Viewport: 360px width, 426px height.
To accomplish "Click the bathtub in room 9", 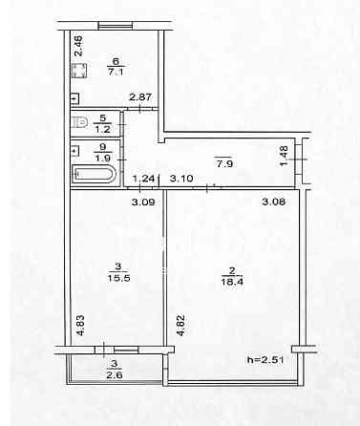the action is (95, 174).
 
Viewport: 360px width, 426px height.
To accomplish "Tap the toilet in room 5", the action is (79, 122).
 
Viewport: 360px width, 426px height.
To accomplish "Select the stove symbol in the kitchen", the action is (78, 71).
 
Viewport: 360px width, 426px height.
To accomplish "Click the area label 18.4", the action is (232, 282).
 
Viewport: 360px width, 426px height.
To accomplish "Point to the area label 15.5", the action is (118, 278).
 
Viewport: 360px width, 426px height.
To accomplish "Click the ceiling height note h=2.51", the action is (265, 360).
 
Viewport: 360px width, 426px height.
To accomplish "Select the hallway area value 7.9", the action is (223, 164).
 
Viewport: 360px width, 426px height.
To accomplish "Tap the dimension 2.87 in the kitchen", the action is (140, 96).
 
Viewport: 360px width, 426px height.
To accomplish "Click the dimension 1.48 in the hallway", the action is (284, 156).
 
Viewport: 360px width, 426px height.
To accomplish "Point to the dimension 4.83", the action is (80, 325).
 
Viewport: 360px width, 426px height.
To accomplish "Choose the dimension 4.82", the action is (180, 326).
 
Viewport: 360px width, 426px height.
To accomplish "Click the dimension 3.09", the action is (143, 202).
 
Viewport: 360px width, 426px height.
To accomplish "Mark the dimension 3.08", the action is (274, 202).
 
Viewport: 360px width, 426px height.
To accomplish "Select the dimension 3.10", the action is (181, 179).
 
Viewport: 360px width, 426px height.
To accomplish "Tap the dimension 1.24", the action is (143, 179).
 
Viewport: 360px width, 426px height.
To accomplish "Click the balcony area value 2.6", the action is (115, 374).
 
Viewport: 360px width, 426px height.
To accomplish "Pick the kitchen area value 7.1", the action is (116, 72).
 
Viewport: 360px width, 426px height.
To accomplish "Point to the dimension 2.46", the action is (78, 46).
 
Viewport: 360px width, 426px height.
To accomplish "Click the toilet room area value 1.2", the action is (102, 129).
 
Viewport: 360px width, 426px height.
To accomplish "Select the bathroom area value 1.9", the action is (102, 158).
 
